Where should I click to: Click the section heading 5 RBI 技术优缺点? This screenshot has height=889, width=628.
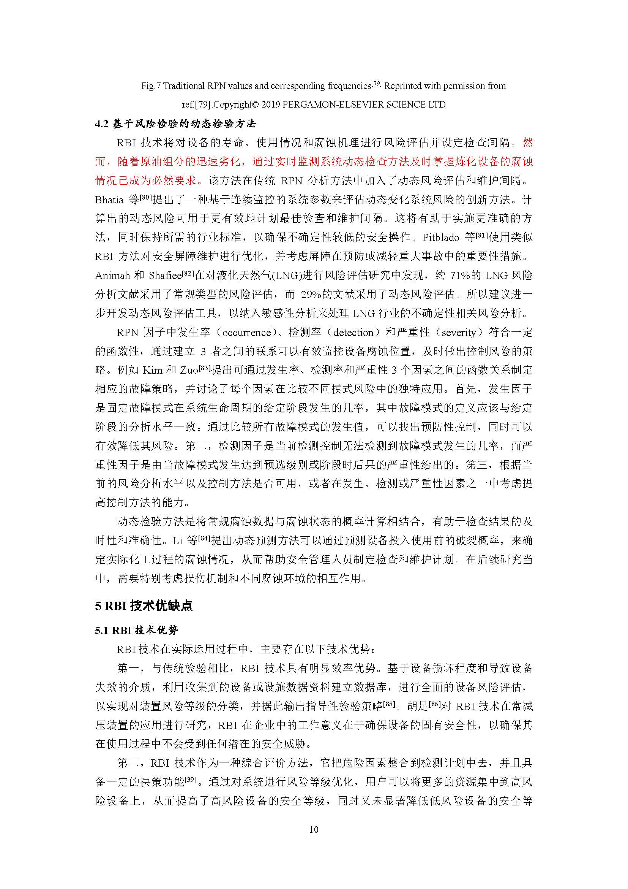coord(144,605)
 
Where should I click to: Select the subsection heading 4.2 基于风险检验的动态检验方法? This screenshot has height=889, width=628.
coord(175,124)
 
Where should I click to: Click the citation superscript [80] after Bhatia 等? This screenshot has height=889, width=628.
coord(145,197)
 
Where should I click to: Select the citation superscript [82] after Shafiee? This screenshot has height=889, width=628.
coord(188,273)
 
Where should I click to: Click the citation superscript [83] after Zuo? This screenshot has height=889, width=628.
coord(205,368)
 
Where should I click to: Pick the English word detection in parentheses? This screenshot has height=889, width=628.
coord(353,333)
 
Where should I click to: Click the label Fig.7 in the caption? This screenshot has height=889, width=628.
coord(151,86)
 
